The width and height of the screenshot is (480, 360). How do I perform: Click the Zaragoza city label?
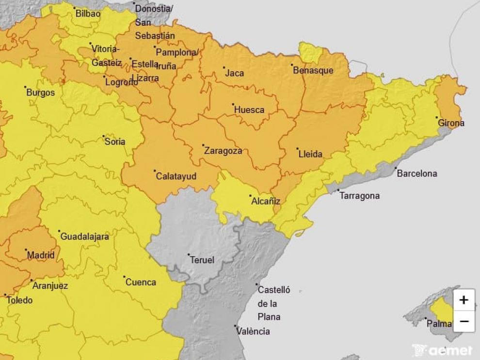coord(224,151)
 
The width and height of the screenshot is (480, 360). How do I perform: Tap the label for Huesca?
coord(249,110)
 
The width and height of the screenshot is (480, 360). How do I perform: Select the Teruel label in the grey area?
coord(203,260)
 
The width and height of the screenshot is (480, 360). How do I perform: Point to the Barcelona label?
coord(417,173)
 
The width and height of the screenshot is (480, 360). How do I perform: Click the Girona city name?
coord(451,123)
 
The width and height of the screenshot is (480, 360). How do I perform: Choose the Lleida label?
coord(310,155)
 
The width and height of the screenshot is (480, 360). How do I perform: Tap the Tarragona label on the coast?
coord(359,196)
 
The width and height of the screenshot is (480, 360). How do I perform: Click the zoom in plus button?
coord(464,300)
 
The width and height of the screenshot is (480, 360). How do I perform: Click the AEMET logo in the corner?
coord(442,350)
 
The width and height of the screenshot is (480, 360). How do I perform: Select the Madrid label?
coord(41,255)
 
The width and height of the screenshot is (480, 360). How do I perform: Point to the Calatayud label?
coord(176,176)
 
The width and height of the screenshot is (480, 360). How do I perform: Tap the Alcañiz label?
coord(266,202)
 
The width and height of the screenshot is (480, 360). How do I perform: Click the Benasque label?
coord(313,70)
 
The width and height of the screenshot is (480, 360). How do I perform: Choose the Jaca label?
coord(235,74)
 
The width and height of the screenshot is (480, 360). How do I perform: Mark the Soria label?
coord(115,142)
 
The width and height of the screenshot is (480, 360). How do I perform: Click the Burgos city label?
coord(41,93)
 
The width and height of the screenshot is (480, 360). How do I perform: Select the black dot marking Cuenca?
coord(124,277)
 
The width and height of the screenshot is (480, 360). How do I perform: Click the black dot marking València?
coord(235,327)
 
